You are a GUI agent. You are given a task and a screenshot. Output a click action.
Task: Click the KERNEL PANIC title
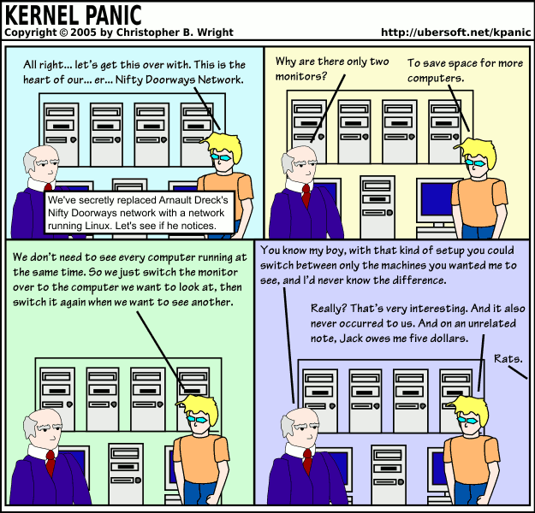tap(74, 15)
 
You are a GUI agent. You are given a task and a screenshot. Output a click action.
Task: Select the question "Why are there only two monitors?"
tap(330, 70)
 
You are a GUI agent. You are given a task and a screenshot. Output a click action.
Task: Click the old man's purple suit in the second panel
tap(291, 214)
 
